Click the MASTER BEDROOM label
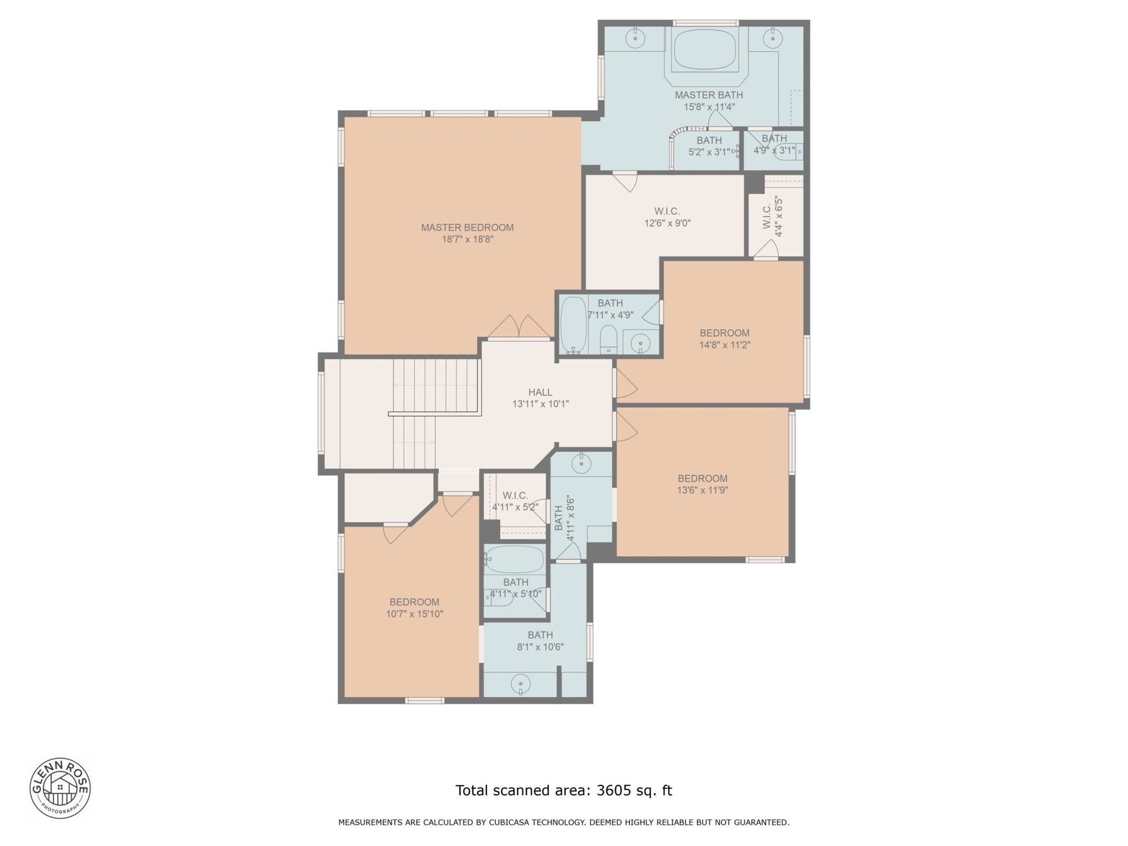[x=467, y=227]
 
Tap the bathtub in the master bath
[x=705, y=49]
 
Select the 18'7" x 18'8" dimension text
[x=467, y=240]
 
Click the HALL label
[x=540, y=392]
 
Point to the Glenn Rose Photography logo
[x=60, y=788]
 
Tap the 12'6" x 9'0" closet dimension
[x=667, y=223]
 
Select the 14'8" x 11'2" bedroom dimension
[x=724, y=345]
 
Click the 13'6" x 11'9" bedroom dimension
[x=702, y=490]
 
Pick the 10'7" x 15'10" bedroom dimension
[x=414, y=614]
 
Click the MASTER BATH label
[x=709, y=95]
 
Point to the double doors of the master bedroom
[x=519, y=327]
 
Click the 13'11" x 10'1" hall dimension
[x=540, y=404]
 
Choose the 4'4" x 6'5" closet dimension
[x=779, y=216]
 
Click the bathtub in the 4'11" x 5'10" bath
[x=515, y=559]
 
